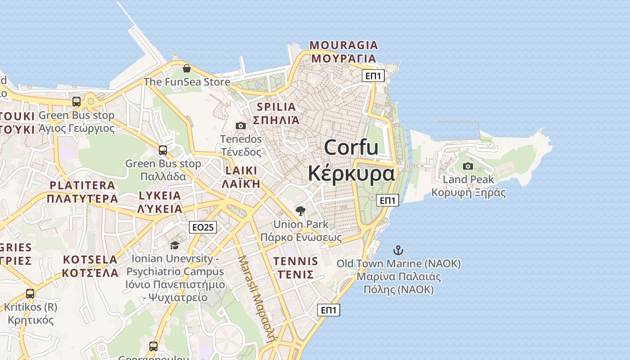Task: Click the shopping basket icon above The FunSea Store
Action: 187,68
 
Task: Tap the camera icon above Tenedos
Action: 241,126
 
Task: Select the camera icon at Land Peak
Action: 468,166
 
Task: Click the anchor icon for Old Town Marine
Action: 398,250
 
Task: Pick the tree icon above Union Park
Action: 301,211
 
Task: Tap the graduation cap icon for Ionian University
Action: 175,245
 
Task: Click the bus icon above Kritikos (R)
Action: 30,294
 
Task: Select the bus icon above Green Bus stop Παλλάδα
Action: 163,150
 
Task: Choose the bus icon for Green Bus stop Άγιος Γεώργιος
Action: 76,102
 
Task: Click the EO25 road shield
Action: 202,227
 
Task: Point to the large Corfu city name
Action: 351,148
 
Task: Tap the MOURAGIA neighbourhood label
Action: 344,45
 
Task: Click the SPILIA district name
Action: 276,107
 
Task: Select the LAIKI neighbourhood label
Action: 241,171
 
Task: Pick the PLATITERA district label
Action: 82,185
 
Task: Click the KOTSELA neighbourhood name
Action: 90,260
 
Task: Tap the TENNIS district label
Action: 295,261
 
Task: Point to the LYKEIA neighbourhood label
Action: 160,196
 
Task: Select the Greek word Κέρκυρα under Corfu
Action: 351,173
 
